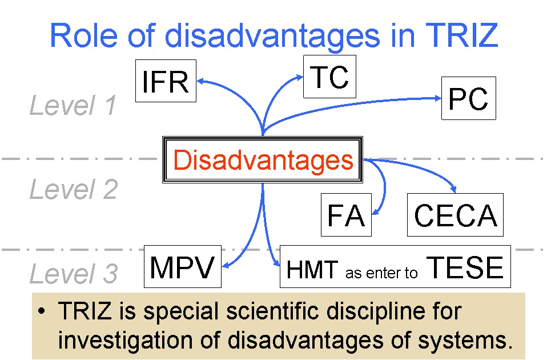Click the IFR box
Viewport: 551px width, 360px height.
[x=166, y=81]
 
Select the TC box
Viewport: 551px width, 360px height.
[x=329, y=77]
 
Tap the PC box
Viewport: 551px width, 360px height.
[x=469, y=98]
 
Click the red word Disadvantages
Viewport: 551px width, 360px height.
[x=263, y=160]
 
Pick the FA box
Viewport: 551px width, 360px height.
[x=346, y=215]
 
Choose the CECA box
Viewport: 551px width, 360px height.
[x=456, y=215]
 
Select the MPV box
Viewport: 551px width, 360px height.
[x=183, y=266]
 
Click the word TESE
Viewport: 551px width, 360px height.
[x=465, y=267]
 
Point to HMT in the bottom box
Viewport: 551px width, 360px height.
[x=312, y=270]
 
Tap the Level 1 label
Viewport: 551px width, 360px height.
[x=73, y=105]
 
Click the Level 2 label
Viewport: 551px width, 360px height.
[x=74, y=189]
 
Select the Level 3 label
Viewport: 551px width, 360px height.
[x=74, y=273]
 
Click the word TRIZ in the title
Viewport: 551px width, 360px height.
[x=462, y=35]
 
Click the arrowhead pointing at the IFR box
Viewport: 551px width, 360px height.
[x=200, y=82]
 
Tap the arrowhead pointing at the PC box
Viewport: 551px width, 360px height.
[x=438, y=98]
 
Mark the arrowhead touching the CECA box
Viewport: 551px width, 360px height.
[x=453, y=190]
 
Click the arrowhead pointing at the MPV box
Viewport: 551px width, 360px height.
[x=226, y=266]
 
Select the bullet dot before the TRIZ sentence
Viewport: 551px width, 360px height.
[x=42, y=311]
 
